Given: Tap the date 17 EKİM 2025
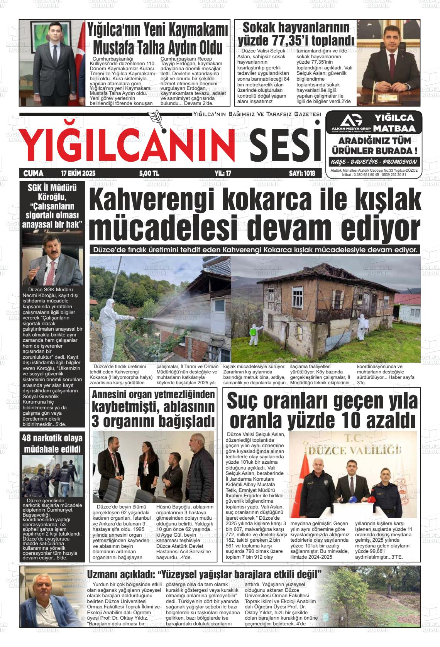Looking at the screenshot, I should [x=78, y=174].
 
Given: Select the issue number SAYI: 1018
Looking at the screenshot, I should [x=302, y=174].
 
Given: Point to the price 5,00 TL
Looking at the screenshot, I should [x=149, y=174].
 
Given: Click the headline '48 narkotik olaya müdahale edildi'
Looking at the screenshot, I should [x=52, y=444].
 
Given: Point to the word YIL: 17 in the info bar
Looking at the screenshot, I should [x=223, y=174].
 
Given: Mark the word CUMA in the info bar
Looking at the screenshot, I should [x=34, y=174].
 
